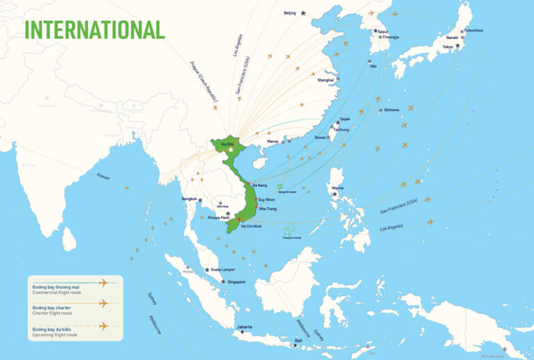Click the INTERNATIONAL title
(95, 29)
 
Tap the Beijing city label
(290, 13)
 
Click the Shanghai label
(325, 80)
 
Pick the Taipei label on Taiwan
(344, 119)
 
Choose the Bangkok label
(190, 199)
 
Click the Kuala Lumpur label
(222, 269)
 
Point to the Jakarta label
(244, 327)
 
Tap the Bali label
(298, 340)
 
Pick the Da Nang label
(259, 186)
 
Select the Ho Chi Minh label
(251, 226)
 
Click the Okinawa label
(391, 110)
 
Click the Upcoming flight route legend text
(52, 334)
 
